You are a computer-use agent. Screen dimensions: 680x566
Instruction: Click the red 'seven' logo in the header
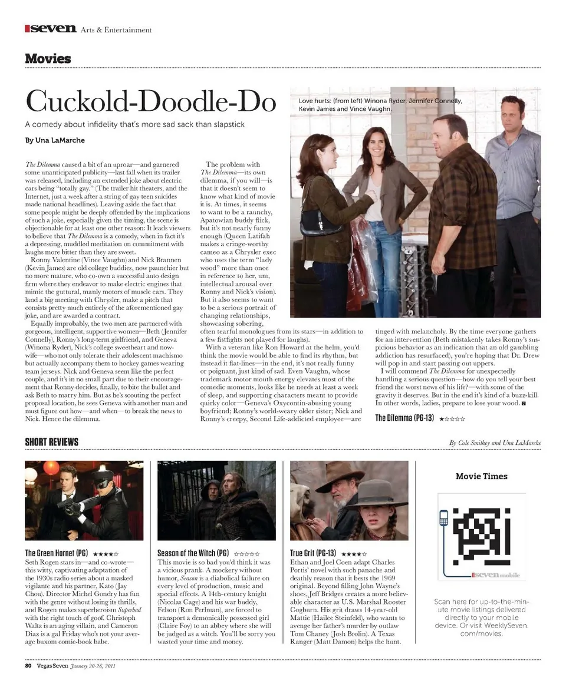[50, 29]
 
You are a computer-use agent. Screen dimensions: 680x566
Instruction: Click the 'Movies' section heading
[48, 59]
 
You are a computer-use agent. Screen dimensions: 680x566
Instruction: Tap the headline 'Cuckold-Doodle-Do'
[151, 102]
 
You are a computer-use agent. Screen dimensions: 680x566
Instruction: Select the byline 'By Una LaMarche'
[55, 140]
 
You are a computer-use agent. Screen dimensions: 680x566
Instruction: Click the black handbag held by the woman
[319, 222]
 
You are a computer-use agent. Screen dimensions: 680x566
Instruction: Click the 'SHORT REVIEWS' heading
[51, 442]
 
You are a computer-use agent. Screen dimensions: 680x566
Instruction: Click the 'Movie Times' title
[481, 476]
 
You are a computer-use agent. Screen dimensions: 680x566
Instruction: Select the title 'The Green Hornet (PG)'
[56, 553]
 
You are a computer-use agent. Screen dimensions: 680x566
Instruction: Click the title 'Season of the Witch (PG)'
[193, 553]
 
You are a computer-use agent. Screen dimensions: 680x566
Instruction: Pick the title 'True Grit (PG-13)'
[313, 553]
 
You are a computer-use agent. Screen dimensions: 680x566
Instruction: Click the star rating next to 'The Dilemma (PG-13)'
[452, 418]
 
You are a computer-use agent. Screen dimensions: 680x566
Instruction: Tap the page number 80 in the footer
[28, 666]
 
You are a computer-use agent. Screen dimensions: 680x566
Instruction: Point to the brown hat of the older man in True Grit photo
[340, 474]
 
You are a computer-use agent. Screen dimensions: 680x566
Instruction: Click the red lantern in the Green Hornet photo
[51, 468]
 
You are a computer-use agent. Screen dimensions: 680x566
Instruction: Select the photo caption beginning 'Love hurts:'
[380, 105]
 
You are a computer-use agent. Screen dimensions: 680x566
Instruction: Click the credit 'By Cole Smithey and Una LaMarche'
[495, 443]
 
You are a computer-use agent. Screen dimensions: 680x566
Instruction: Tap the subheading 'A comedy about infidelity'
[134, 124]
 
